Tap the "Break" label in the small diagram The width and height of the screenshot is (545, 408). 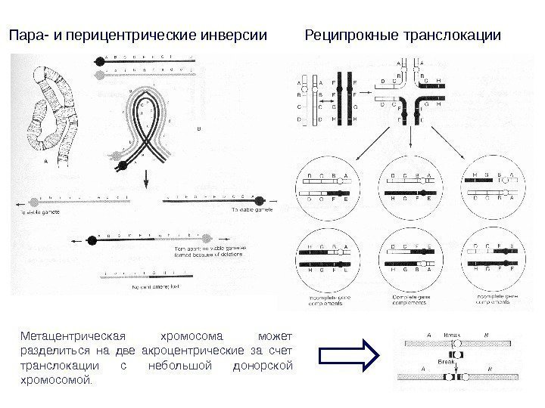pos(445,363)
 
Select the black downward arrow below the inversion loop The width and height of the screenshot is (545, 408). pos(145,179)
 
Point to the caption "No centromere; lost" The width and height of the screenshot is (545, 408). pos(154,287)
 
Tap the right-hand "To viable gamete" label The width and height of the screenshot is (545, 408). pos(247,209)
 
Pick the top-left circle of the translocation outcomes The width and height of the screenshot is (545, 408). pos(329,190)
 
